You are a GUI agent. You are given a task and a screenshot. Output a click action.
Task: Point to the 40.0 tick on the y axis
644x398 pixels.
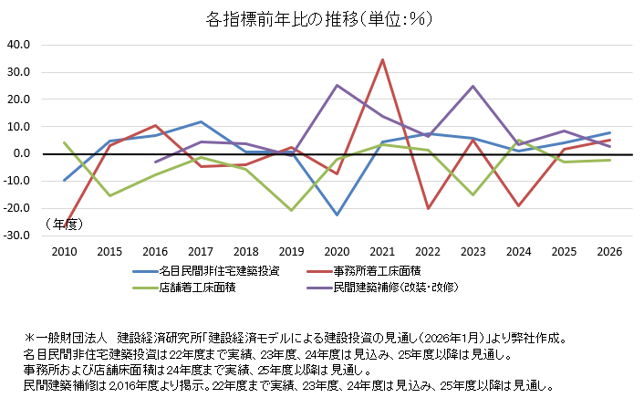(x=18, y=44)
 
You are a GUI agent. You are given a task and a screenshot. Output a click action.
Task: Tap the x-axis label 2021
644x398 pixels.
(x=383, y=250)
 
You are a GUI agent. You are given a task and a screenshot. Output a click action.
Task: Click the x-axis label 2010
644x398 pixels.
(x=64, y=250)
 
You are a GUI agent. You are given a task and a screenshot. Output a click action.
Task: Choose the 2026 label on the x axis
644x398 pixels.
(x=609, y=250)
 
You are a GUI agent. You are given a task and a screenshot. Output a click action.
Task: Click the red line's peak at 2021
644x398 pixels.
(x=383, y=59)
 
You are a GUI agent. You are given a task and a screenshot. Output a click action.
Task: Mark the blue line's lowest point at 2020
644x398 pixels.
(x=338, y=215)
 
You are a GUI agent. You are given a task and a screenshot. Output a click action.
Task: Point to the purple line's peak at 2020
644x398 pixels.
(x=338, y=85)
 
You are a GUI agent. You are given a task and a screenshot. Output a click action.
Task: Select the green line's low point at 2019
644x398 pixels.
(x=292, y=210)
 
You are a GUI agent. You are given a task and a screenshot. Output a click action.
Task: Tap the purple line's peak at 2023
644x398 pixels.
(x=473, y=86)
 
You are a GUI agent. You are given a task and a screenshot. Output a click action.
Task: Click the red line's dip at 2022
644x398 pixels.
(x=428, y=209)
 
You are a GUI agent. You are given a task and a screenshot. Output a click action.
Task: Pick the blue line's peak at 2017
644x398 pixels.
(x=201, y=121)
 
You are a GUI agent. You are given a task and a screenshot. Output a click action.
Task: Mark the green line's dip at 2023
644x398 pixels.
(x=473, y=194)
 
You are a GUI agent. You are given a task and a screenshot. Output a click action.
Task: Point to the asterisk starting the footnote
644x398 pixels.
(x=29, y=337)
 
